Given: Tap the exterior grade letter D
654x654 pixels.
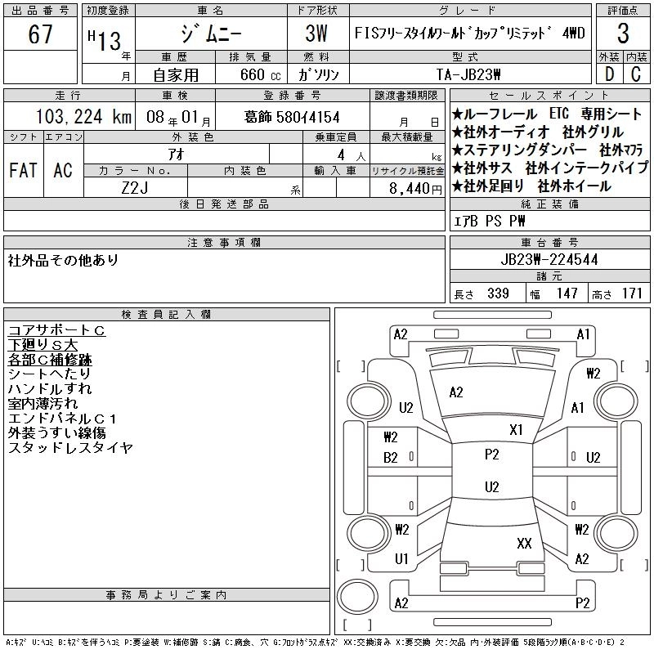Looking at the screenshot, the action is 609,74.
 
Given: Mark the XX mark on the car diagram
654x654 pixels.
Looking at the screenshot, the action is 525,543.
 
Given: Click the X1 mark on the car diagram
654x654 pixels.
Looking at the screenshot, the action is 516,429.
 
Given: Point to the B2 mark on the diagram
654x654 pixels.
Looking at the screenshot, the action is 391,458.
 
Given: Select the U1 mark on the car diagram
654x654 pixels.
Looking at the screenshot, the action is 401,559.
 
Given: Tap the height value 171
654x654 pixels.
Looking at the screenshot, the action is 632,293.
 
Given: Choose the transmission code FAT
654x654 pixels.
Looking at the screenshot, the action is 23,170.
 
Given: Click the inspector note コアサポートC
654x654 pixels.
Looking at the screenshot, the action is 56,330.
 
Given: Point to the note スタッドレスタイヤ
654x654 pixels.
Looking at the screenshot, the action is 70,448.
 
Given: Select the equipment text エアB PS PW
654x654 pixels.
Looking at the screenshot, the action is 490,222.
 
